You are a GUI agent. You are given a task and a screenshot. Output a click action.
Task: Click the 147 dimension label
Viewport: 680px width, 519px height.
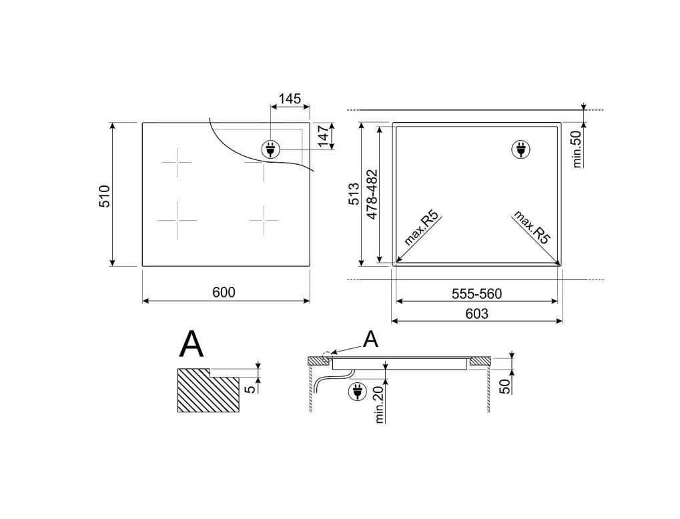[324, 136]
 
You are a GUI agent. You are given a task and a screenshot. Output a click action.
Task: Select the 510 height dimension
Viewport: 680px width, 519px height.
[105, 195]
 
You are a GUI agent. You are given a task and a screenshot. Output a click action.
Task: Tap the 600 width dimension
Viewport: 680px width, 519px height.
[224, 292]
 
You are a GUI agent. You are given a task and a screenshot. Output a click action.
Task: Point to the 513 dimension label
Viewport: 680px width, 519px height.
[354, 194]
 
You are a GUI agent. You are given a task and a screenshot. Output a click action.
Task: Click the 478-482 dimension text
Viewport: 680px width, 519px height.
[372, 194]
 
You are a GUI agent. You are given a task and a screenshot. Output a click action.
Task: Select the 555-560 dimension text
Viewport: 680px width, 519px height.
[476, 294]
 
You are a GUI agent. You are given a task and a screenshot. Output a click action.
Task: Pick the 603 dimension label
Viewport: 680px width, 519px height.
[476, 313]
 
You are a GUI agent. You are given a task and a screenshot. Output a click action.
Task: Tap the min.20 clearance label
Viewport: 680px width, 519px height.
[380, 404]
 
